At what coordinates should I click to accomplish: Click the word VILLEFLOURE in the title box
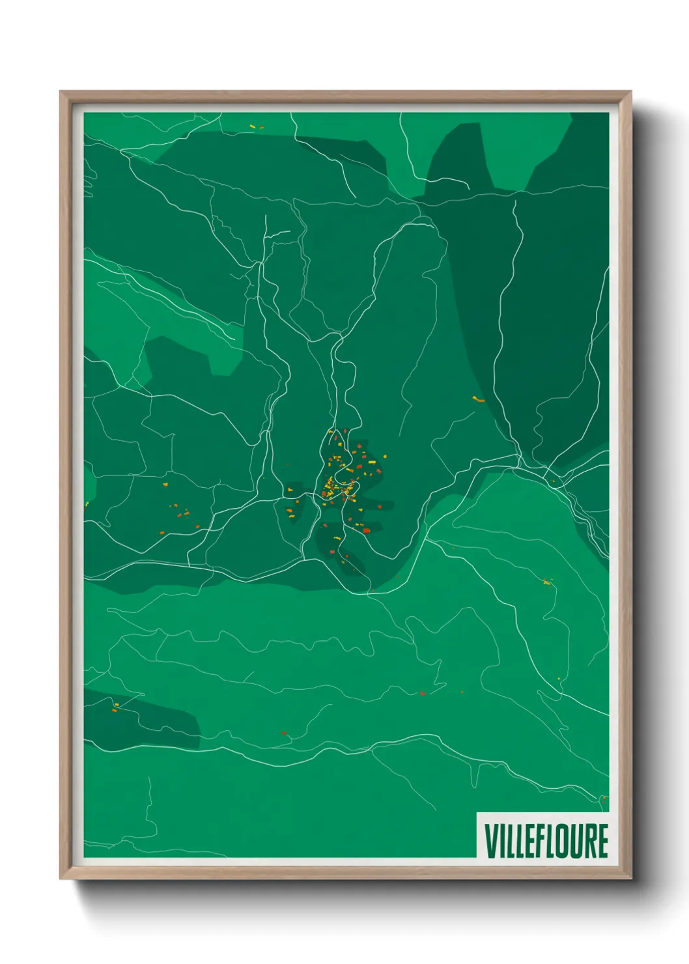click(x=546, y=841)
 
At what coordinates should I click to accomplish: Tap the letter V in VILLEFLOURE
click(x=490, y=841)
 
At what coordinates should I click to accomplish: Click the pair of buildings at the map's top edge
click(x=257, y=127)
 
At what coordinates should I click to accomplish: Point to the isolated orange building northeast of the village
click(x=479, y=399)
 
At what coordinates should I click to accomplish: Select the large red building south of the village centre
click(x=366, y=530)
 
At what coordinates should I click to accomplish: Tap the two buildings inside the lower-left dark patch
click(x=115, y=707)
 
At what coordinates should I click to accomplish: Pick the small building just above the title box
click(x=603, y=798)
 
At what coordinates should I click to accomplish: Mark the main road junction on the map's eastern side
click(x=521, y=464)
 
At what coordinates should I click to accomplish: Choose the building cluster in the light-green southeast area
click(x=547, y=582)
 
